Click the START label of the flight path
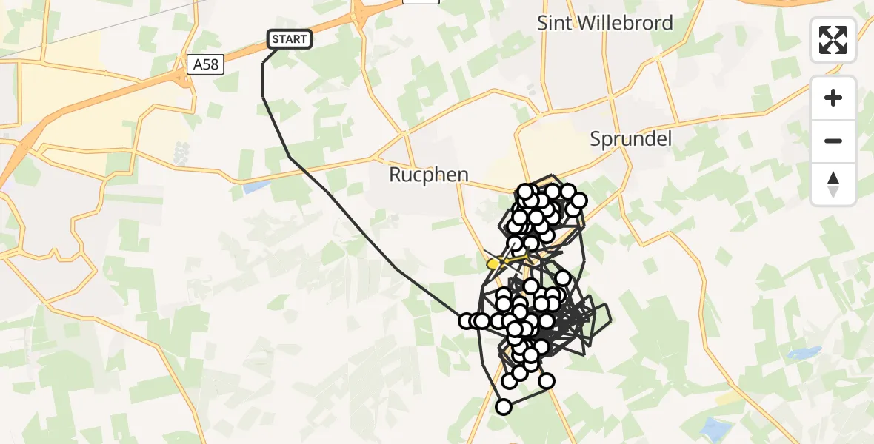click(290, 39)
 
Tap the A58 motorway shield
click(205, 64)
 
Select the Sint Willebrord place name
click(605, 23)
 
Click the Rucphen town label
click(429, 175)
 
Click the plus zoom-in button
click(833, 98)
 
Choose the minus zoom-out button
click(833, 141)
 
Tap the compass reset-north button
click(833, 184)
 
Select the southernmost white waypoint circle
click(504, 406)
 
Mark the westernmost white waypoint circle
click(467, 321)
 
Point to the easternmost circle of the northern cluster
click(578, 201)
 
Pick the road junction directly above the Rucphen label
click(405, 134)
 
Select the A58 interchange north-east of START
click(358, 13)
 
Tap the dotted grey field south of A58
click(181, 153)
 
